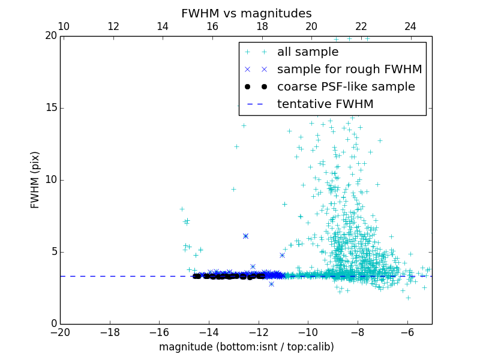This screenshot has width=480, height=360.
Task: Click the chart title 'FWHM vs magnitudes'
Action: pos(246,13)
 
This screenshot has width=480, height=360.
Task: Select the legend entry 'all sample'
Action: pos(308,52)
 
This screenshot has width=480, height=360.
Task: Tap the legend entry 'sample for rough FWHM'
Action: pos(349,70)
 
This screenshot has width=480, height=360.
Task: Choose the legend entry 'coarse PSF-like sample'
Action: pos(346,87)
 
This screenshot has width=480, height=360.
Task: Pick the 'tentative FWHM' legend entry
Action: pos(325,104)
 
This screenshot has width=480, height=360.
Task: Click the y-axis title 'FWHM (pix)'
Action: pos(35,180)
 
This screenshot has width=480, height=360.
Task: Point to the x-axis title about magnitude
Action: pos(246,347)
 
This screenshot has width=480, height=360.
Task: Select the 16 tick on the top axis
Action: pos(212,27)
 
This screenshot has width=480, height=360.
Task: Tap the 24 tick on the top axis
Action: pos(410,27)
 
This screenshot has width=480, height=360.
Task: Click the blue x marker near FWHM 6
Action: pos(245,236)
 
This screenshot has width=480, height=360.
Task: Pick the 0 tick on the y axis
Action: pos(53,324)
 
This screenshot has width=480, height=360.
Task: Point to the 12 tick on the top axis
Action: pos(113,27)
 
